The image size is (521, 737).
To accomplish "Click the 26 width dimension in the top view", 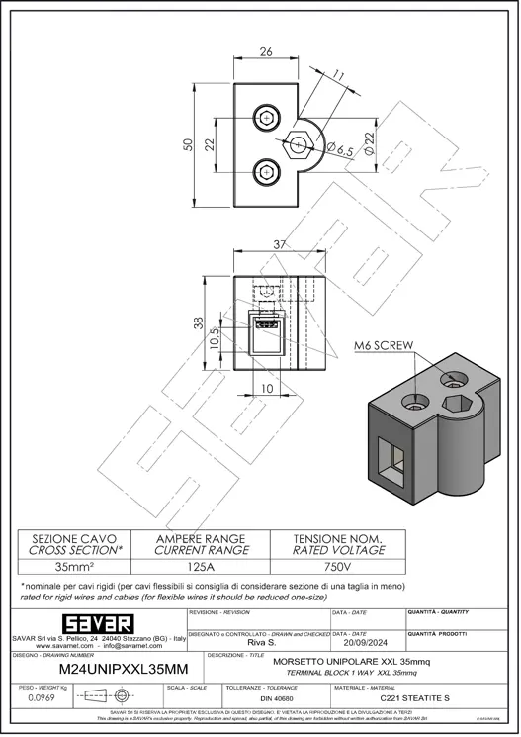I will point(265,52).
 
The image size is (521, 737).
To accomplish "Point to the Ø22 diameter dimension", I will point(370,145).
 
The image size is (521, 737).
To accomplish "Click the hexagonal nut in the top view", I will point(298,144).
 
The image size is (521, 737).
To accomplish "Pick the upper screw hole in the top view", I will point(267,118).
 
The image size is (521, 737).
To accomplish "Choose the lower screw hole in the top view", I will point(267,171).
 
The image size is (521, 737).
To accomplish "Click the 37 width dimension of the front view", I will point(282,245).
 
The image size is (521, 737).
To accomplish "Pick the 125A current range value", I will point(202,567).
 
